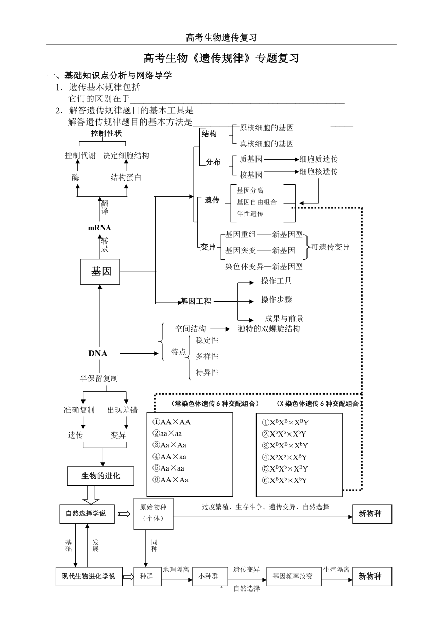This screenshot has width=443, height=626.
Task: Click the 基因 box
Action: coord(100,272)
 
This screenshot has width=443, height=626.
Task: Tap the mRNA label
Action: coord(99,228)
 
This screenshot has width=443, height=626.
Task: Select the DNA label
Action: coord(97,353)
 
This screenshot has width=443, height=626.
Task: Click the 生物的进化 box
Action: coord(100,476)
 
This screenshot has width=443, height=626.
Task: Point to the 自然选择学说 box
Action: coord(87,514)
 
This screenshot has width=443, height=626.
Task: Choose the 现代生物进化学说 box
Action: coord(89,576)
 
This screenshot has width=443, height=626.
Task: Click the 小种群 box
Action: coord(208,576)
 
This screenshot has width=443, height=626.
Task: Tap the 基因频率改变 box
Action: coord(294,576)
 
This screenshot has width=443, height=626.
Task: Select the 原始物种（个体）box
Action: coord(154,514)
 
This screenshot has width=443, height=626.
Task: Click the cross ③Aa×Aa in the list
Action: coord(169,445)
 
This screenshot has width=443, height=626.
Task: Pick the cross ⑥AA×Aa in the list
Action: coord(171,480)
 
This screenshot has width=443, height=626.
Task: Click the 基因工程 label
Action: coord(196,301)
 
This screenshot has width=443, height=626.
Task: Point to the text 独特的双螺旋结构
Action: coord(269,328)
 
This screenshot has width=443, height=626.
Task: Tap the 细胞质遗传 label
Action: coord(318,159)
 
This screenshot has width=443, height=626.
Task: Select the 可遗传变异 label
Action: coord(330,247)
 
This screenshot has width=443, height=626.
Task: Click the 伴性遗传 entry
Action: coord(250,214)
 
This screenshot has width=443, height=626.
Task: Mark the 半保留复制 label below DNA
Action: coord(99,379)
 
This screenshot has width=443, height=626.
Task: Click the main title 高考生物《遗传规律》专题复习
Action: coord(221,58)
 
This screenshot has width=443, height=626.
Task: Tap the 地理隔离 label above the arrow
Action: coord(176,569)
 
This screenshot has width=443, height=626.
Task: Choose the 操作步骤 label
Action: coord(276,300)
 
